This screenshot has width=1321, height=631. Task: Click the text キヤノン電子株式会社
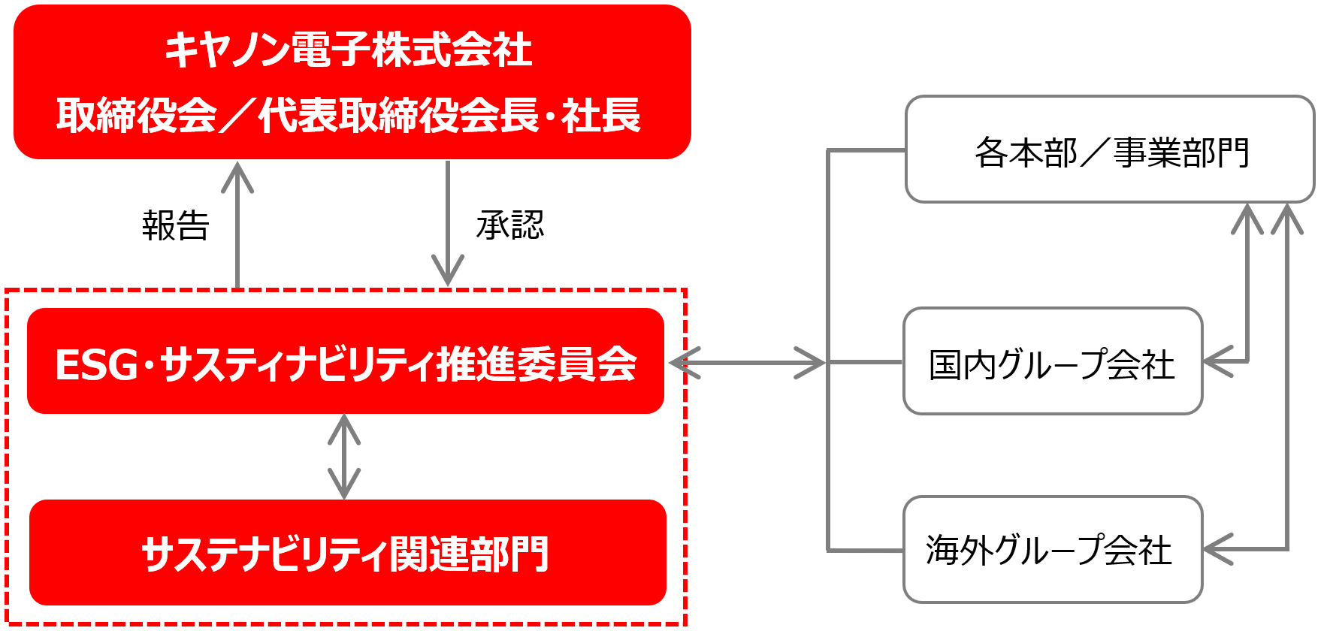(349, 51)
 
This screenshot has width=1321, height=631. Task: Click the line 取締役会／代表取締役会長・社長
(349, 116)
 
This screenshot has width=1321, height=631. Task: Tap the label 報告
(176, 225)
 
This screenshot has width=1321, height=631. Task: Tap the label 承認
(510, 225)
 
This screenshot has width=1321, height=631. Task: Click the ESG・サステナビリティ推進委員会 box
(346, 361)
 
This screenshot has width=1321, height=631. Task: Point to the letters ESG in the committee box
(96, 366)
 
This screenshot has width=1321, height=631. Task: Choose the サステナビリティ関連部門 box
(347, 553)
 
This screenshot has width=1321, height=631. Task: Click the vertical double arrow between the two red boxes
(344, 456)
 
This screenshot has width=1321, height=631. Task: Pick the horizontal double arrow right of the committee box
(747, 363)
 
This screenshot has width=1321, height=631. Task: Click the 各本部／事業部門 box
(1110, 149)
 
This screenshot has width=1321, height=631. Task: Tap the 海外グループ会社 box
(1052, 550)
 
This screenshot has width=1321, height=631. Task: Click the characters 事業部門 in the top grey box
(1180, 152)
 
